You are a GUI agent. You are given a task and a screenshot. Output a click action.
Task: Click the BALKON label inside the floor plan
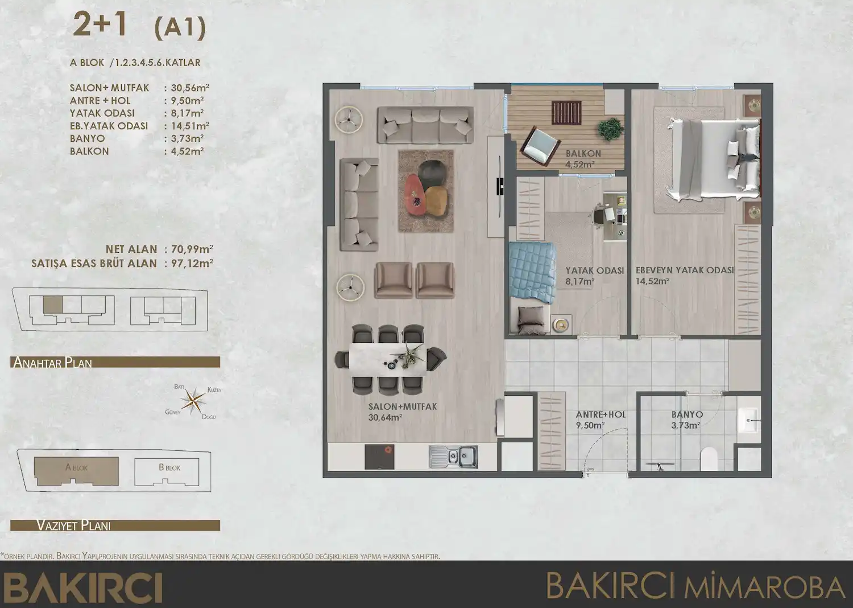tap(583, 154)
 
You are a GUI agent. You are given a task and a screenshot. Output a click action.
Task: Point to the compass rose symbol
tap(197, 401)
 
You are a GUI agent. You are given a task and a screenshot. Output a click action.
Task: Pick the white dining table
tap(387, 359)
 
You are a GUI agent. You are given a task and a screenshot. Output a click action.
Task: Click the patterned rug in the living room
tap(426, 191)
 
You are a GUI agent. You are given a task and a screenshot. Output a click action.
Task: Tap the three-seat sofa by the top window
tap(425, 126)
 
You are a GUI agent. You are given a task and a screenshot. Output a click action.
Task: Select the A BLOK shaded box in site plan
tap(77, 470)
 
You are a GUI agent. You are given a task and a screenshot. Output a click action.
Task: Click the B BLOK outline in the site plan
tap(169, 471)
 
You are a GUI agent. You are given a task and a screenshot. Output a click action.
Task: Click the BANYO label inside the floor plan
tap(686, 415)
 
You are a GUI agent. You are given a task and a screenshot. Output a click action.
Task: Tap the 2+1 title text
tap(100, 26)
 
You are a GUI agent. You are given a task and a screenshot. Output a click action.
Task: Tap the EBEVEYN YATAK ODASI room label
tap(684, 270)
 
